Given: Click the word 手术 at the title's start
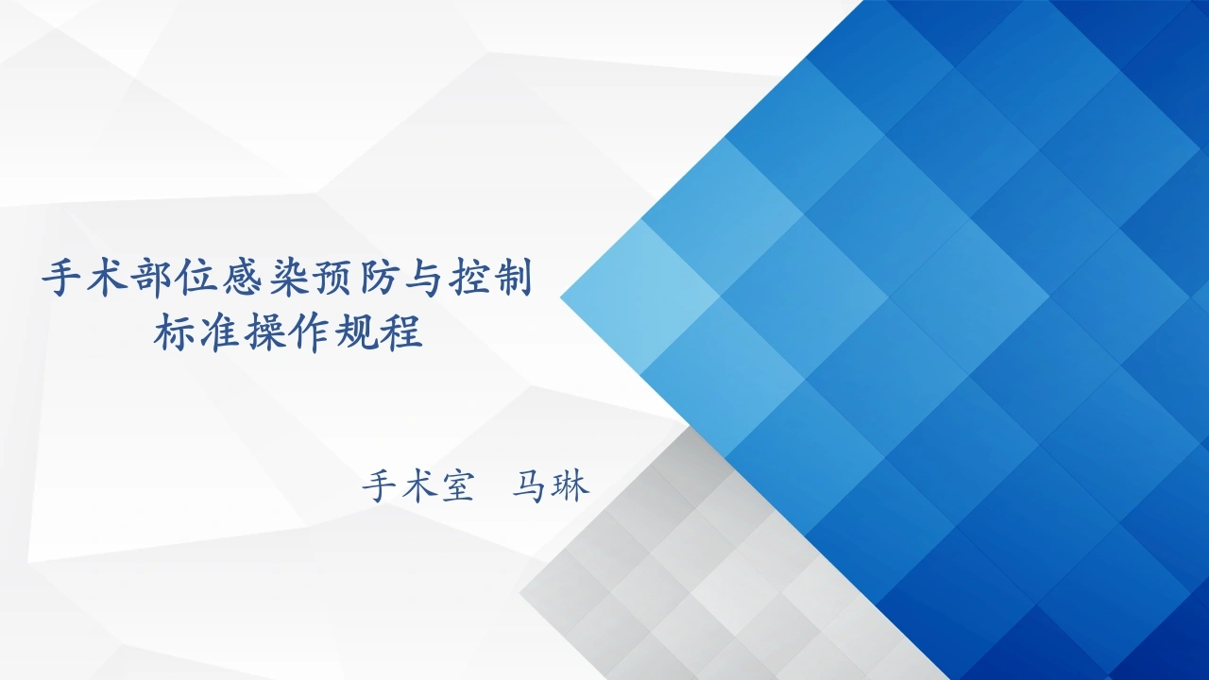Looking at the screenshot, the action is click(x=84, y=279).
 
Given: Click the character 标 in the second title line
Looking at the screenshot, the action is click(x=175, y=332).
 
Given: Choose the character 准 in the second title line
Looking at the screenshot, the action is click(x=220, y=332).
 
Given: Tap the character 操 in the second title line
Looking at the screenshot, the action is click(x=265, y=332).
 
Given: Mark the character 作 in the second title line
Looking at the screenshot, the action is click(x=311, y=332).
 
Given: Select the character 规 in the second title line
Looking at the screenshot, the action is click(x=356, y=332).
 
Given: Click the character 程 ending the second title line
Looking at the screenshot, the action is click(x=401, y=332).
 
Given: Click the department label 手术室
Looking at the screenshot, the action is click(x=417, y=486).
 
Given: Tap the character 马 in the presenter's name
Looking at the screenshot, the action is click(x=528, y=486).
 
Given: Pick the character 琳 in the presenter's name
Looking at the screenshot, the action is click(x=570, y=486).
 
